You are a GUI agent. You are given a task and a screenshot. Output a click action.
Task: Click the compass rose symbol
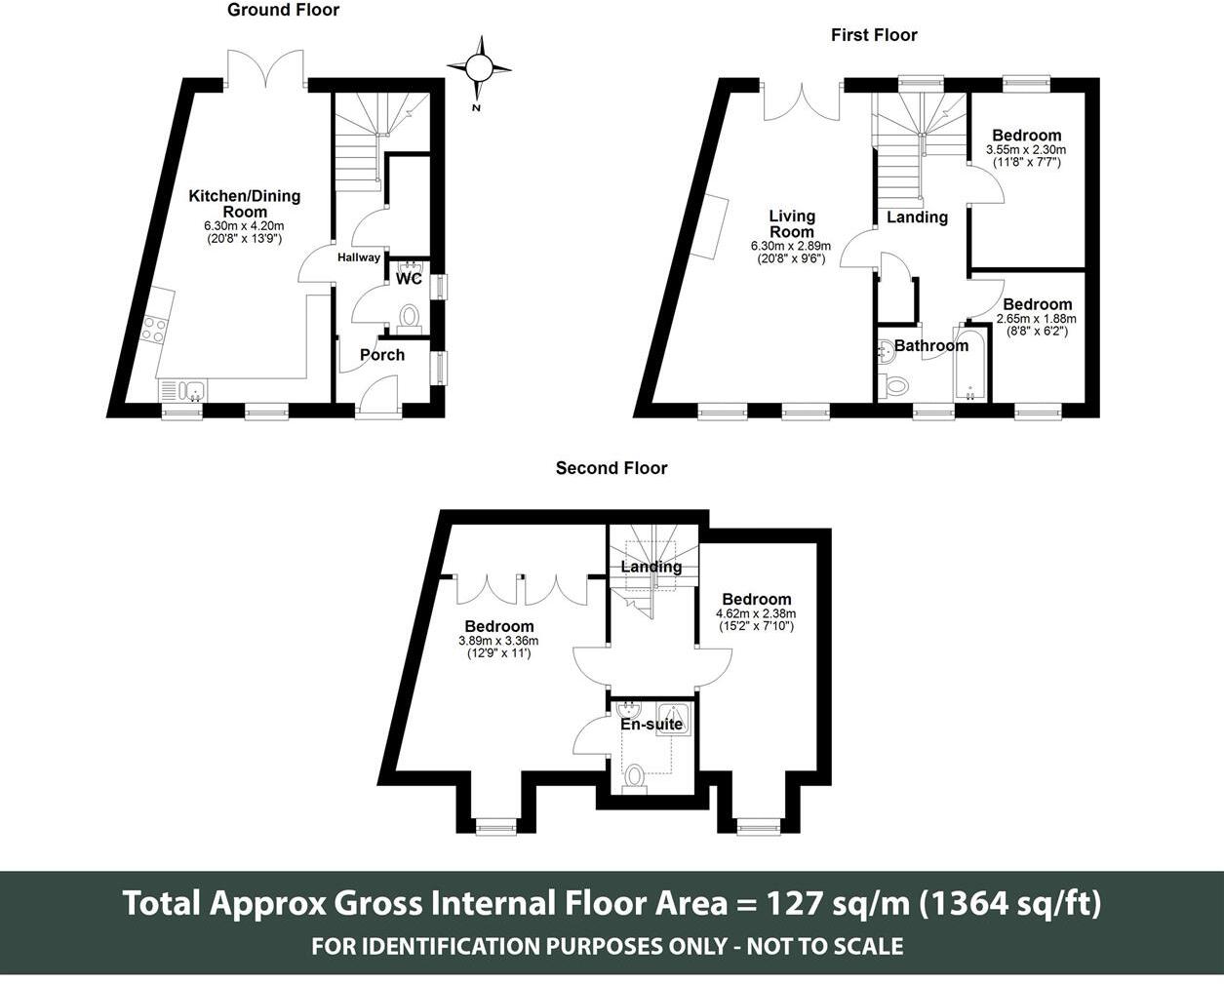click(x=479, y=68)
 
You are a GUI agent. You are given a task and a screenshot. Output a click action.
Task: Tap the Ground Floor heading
click(x=283, y=10)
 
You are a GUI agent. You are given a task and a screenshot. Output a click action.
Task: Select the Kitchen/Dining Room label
click(x=245, y=204)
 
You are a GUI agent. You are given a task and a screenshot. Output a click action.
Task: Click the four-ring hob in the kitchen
click(x=153, y=330)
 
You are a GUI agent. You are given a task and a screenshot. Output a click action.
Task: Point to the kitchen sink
click(x=183, y=391)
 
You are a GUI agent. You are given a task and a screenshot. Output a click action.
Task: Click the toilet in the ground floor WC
click(x=410, y=318)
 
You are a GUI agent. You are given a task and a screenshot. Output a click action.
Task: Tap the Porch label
click(x=382, y=355)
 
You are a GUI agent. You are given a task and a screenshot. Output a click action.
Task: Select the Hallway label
click(x=359, y=257)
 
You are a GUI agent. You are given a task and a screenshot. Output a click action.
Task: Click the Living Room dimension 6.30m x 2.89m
click(x=791, y=247)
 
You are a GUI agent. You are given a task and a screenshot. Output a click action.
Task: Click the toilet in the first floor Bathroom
click(x=893, y=387)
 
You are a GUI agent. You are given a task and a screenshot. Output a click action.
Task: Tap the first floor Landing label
click(x=918, y=216)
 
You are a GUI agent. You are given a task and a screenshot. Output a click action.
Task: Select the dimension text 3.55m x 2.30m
click(x=1026, y=150)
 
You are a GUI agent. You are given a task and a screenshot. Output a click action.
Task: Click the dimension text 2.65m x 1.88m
click(x=1037, y=319)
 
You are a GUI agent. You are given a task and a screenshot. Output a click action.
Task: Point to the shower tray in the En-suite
click(x=675, y=720)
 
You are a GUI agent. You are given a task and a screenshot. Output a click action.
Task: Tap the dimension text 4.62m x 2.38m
click(x=756, y=613)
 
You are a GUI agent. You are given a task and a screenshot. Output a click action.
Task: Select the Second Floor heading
click(x=612, y=468)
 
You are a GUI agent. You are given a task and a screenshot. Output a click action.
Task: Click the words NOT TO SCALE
click(x=825, y=947)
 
